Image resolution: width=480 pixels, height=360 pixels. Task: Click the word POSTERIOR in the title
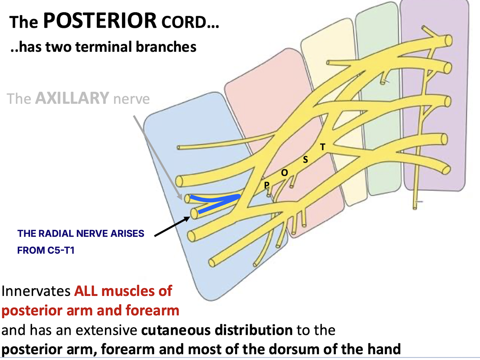tap(100, 20)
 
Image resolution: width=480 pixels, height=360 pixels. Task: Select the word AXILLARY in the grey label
tap(72, 98)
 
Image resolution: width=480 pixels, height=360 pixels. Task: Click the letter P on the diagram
tap(267, 185)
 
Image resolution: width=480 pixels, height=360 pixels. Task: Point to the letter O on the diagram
tap(284, 173)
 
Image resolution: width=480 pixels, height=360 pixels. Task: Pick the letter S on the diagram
tap(305, 160)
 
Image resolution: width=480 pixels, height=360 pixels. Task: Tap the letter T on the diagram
tap(322, 147)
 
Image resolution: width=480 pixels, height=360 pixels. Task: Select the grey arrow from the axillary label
tap(157, 157)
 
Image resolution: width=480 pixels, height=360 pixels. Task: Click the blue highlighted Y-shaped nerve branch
tap(218, 201)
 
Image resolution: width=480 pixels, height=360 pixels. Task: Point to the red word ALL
tap(86, 291)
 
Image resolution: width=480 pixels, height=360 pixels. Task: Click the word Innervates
tap(36, 291)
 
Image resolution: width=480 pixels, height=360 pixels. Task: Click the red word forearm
tap(152, 311)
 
